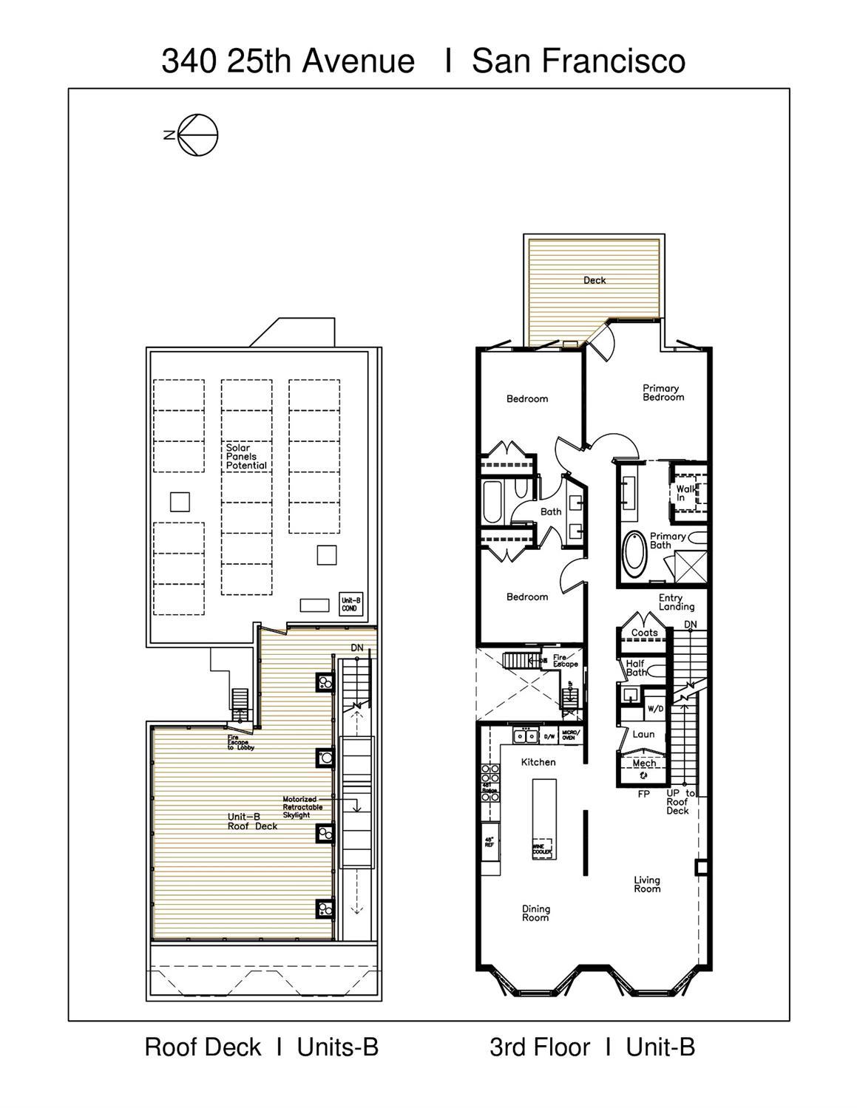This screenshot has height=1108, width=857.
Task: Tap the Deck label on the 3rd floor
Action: pos(595,280)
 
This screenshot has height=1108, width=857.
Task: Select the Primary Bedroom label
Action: pos(663,392)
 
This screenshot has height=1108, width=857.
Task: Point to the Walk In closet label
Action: pos(685,493)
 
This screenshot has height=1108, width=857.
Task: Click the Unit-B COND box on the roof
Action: pos(350,604)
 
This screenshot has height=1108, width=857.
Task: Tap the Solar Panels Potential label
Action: pos(246,457)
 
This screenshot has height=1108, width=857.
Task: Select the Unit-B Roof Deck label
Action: pos(252,821)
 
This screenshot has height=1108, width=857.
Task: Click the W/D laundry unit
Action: pos(655,709)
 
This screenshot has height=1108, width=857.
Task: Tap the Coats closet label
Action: pos(644,633)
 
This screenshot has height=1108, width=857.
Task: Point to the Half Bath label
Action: pos(636,668)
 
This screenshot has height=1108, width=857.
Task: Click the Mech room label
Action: pos(644,764)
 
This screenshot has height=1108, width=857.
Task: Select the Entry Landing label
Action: pos(676,602)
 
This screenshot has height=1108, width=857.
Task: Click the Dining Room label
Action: pos(535,914)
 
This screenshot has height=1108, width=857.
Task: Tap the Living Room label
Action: pos(647,884)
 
